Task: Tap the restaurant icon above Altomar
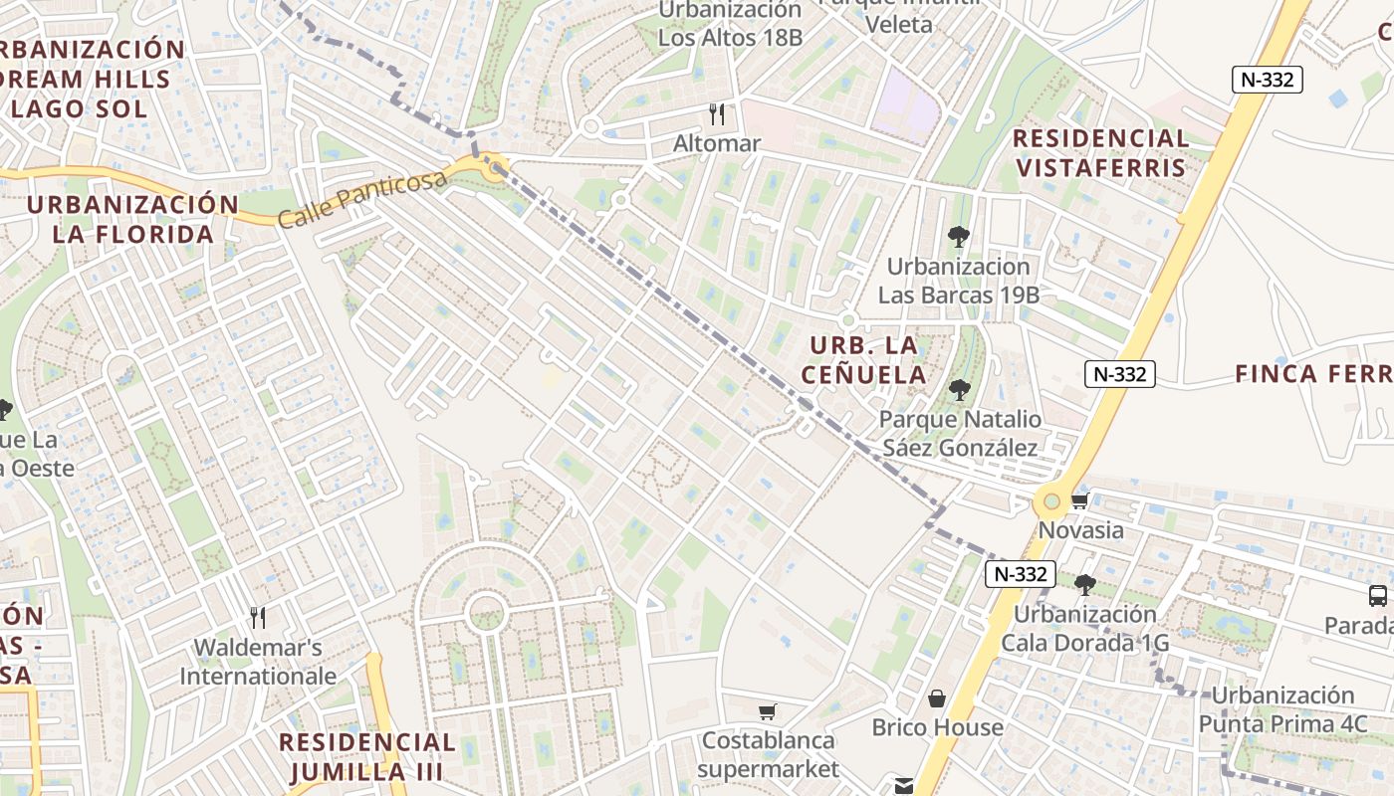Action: coord(716,112)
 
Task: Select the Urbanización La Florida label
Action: coord(133,220)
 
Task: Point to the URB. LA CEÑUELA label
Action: coord(867,360)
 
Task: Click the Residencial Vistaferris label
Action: coord(1101,152)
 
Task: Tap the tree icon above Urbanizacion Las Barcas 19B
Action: coord(959,237)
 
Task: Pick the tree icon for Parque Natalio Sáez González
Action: coord(960,390)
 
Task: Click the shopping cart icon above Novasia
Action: coord(1080,500)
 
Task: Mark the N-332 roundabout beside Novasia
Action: coord(1051,500)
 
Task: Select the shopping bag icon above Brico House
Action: coord(937,698)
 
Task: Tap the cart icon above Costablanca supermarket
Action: coord(767,711)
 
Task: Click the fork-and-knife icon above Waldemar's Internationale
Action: coord(258,618)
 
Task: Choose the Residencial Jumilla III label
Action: coord(367,756)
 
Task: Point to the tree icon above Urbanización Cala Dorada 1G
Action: coord(1085,585)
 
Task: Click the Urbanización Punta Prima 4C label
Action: coord(1282,709)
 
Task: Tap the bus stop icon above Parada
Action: coord(1378,596)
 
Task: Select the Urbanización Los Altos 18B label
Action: coord(730,24)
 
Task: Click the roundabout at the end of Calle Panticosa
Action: coord(493,167)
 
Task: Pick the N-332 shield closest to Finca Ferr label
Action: coord(1120,374)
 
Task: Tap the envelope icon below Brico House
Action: coord(904,786)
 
